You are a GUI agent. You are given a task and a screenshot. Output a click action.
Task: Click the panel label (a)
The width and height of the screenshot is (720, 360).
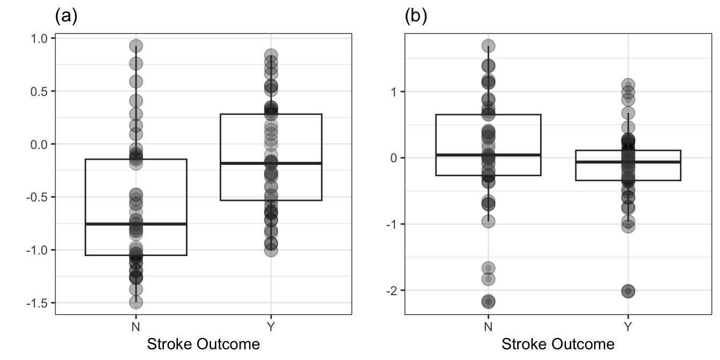click(x=66, y=16)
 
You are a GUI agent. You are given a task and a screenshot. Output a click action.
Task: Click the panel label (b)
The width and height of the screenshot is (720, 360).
click(x=416, y=16)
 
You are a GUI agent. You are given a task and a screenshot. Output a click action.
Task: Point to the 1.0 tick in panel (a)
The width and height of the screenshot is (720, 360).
click(x=38, y=38)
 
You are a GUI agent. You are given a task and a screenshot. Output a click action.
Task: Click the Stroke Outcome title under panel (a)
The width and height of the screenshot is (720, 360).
click(x=204, y=344)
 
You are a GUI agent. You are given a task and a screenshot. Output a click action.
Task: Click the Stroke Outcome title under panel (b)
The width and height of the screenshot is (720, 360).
click(x=558, y=344)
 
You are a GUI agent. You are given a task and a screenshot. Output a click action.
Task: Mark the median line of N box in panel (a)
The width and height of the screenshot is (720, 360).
click(x=136, y=224)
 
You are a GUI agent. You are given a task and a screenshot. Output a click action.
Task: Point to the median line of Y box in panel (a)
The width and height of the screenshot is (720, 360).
click(x=271, y=163)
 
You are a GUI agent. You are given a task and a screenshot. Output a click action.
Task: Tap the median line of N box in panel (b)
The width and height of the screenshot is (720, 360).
click(x=488, y=155)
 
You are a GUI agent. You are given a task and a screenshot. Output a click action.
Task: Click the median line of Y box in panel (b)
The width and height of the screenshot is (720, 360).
click(x=628, y=162)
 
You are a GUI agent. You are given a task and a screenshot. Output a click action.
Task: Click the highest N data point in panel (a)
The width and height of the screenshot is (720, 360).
click(x=136, y=46)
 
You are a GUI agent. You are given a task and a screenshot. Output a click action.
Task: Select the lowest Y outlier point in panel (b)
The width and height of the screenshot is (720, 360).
click(x=628, y=291)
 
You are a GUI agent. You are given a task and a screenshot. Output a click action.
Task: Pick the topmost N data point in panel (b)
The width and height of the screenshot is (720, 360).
click(x=488, y=46)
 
